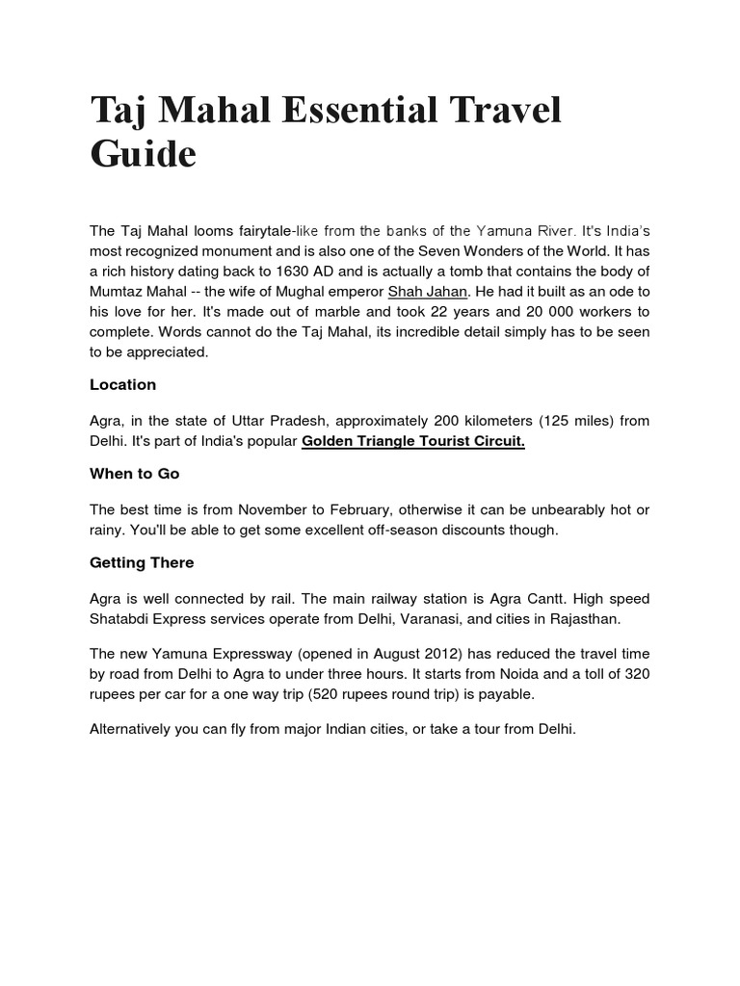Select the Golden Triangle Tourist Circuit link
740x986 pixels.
pos(413,441)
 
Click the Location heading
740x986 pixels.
pos(122,384)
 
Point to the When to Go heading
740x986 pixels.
pos(135,474)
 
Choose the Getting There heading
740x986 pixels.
pos(142,562)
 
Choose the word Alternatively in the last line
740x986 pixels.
pos(132,729)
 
